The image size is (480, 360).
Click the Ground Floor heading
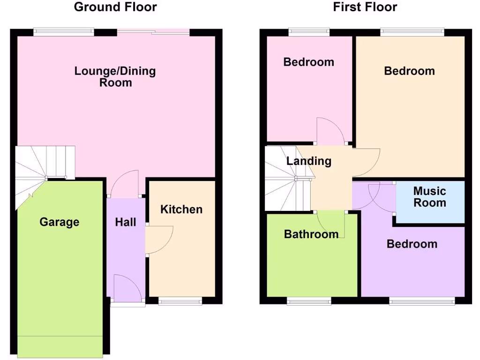(115, 7)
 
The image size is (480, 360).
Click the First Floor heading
(365, 7)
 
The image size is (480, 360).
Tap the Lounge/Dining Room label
(115, 77)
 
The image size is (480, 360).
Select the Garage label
(59, 222)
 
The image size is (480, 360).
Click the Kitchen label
(181, 209)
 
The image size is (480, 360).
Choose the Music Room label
(429, 197)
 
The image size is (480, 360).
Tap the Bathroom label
(311, 234)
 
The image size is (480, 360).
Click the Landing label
(308, 161)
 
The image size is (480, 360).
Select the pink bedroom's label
(308, 62)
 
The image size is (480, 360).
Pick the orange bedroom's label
(409, 71)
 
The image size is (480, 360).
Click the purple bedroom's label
(412, 244)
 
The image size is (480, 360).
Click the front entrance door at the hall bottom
(127, 290)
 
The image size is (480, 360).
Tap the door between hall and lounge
(125, 184)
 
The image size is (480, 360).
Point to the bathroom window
(309, 301)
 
